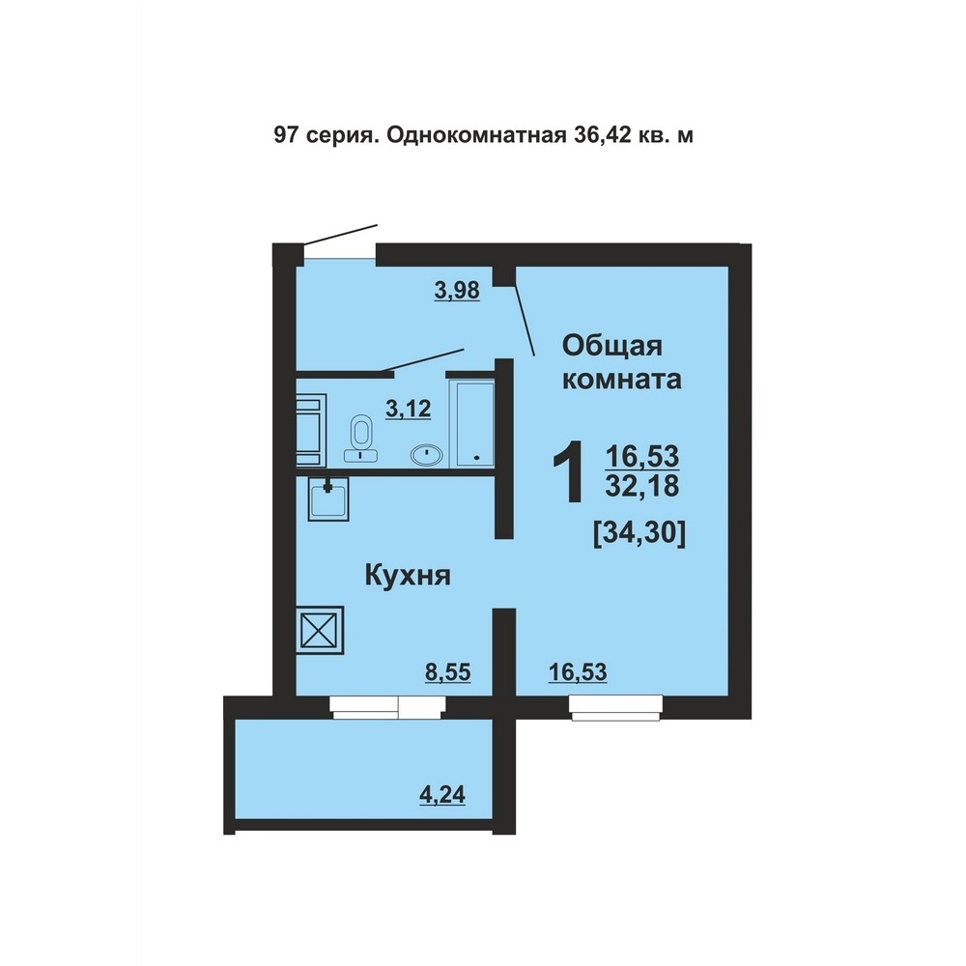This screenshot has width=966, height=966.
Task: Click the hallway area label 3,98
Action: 457,290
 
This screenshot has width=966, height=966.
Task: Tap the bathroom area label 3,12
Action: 408,408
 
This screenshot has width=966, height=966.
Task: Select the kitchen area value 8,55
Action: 448,671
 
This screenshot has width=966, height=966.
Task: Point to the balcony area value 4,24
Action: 442,794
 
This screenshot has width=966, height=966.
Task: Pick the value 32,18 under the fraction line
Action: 642,487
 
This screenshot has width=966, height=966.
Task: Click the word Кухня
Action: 408,576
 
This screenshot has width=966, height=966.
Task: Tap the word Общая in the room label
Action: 611,346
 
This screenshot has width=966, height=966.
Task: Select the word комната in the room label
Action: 622,379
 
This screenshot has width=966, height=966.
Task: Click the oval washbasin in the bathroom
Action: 426,455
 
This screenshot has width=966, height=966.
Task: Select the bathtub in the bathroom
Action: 473,423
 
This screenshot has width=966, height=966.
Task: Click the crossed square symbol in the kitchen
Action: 321,629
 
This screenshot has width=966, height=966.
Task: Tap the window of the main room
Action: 616,707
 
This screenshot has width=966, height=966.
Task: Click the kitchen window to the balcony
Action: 387,707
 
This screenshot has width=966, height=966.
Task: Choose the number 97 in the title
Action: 285,135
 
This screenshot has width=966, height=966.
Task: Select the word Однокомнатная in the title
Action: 476,135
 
